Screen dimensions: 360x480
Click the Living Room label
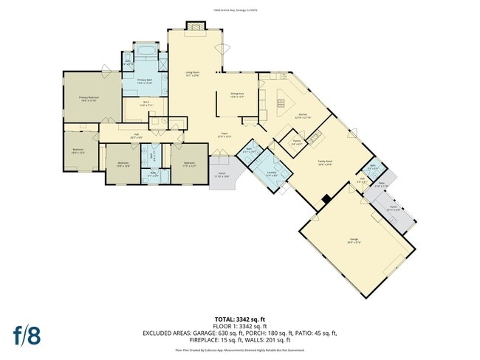(193, 74)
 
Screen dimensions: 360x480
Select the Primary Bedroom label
(89, 98)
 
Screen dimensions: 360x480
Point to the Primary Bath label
(145, 82)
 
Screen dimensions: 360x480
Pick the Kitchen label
(303, 116)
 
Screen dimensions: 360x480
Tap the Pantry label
(297, 142)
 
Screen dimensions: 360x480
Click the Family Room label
(324, 164)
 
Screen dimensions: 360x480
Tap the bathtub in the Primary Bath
(145, 52)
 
